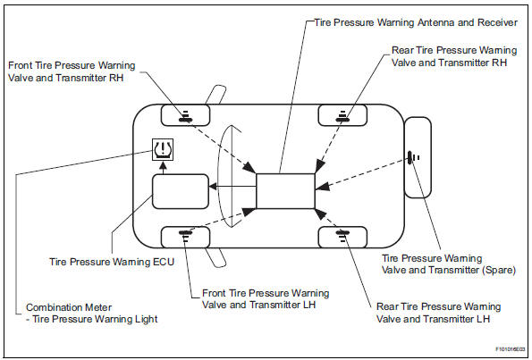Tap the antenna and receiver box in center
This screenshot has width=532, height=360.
click(x=285, y=190)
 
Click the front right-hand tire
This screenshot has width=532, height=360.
click(x=185, y=114)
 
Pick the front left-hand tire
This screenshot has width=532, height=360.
click(x=185, y=236)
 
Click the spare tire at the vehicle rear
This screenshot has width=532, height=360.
click(x=418, y=157)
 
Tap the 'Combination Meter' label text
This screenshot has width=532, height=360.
click(x=63, y=306)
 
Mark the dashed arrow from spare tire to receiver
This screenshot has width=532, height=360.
click(x=367, y=172)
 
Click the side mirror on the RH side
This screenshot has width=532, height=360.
click(x=215, y=94)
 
